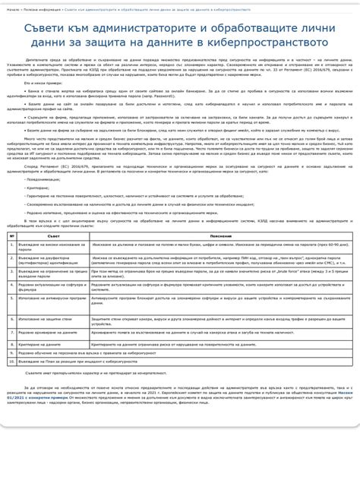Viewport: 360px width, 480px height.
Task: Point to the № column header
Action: point(11,236)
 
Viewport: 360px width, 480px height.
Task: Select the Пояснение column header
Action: point(219,236)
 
